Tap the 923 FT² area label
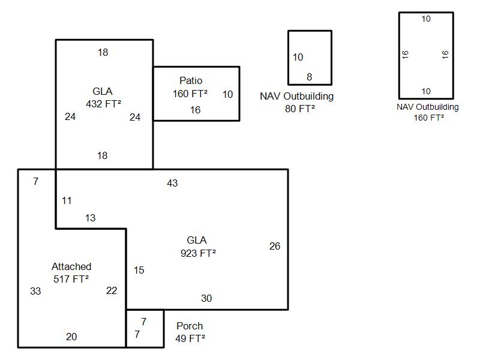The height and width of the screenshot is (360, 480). tap(198, 253)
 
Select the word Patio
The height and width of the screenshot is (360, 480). tap(191, 80)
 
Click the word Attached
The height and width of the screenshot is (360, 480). tap(71, 266)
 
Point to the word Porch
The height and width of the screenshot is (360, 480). tap(190, 326)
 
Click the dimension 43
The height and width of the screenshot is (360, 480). tap(172, 183)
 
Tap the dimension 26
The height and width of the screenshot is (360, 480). tap(275, 246)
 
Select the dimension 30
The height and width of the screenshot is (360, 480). tap(206, 298)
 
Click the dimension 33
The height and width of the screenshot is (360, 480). tap(35, 291)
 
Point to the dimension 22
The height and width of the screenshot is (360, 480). tap(112, 290)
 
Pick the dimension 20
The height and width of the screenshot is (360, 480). tap(71, 337)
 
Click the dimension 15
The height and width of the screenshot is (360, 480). tap(139, 270)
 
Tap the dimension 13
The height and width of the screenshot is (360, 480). tap(90, 218)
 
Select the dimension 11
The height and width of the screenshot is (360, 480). tap(67, 200)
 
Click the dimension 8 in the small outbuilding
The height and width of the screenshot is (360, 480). tap(310, 77)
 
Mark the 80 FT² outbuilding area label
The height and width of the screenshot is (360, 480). tap(297, 109)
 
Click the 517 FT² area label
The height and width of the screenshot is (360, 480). tap(71, 278)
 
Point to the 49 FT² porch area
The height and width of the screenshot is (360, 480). tap(191, 338)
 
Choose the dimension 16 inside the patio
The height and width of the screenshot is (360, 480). tap(196, 110)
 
